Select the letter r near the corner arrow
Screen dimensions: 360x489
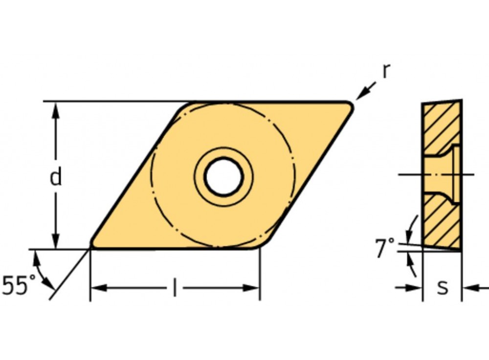[x=386, y=71]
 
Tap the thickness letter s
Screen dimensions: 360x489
[x=442, y=288]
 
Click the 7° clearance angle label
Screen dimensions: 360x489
[x=385, y=248]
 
